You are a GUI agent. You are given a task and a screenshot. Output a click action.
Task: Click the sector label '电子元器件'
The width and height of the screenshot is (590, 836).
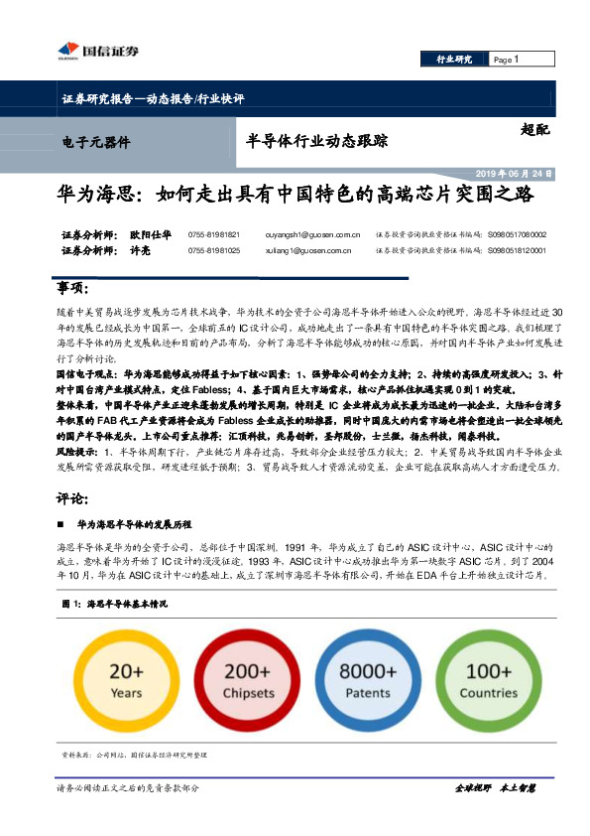[96, 143]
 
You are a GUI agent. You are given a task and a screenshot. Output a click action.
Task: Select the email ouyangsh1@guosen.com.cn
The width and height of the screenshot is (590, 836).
[298, 235]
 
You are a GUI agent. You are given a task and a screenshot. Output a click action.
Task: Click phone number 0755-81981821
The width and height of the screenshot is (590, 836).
[213, 235]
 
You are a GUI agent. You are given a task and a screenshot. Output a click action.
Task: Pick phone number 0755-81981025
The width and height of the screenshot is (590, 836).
[213, 251]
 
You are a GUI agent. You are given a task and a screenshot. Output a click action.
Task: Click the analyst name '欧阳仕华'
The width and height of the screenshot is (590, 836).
[150, 235]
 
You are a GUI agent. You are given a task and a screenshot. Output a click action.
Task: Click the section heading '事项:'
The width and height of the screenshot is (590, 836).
[72, 288]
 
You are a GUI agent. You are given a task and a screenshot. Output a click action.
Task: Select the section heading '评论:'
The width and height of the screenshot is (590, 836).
[72, 497]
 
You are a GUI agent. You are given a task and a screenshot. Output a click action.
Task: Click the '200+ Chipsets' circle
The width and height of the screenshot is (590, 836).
[248, 680]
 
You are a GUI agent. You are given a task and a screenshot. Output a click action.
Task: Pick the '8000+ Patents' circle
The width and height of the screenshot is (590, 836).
[368, 680]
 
